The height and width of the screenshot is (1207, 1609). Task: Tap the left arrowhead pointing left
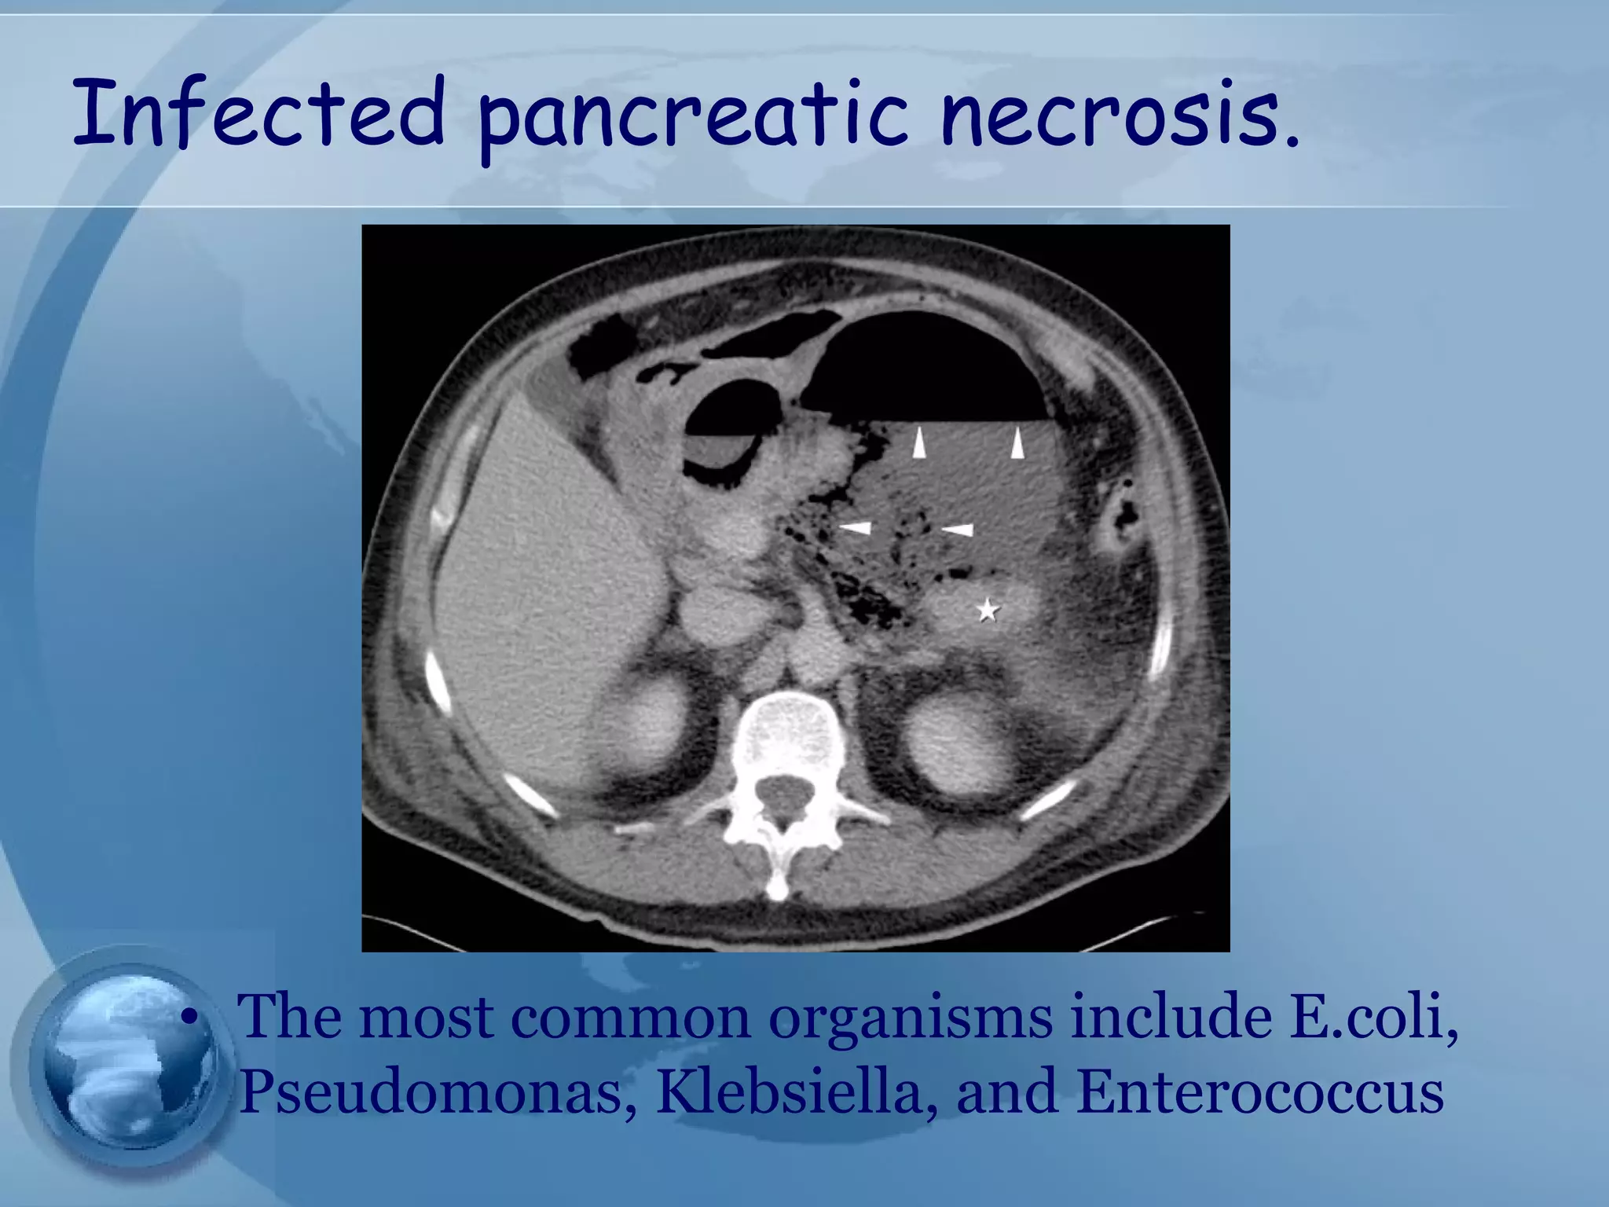point(856,527)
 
